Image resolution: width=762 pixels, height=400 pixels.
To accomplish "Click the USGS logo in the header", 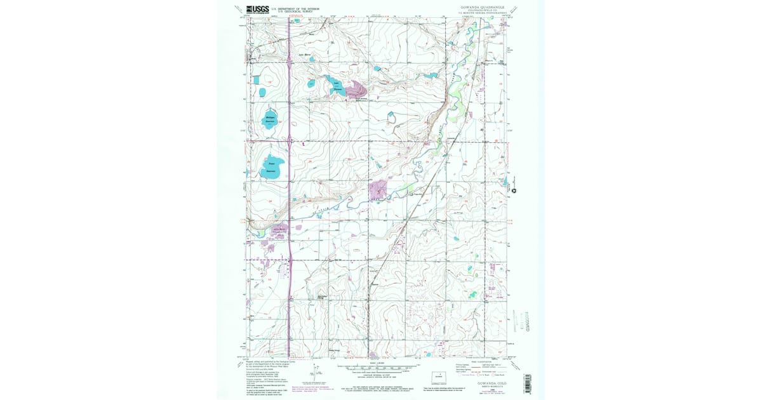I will pos(257,9).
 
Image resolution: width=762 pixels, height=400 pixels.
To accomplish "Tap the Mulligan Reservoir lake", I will pos(269,120).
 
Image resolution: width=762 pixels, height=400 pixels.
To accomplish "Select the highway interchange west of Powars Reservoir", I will pos(289,139).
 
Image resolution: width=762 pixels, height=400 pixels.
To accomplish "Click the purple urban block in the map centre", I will pos(378,189).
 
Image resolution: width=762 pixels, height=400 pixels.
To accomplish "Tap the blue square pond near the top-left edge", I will pos(256,80).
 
